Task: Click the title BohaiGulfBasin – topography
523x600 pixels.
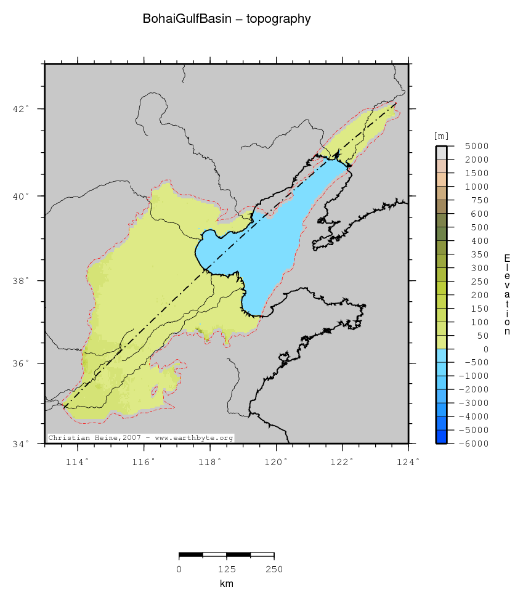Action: [x=227, y=19]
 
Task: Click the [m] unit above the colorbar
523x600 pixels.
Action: [x=441, y=136]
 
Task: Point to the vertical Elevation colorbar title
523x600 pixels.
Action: [x=507, y=294]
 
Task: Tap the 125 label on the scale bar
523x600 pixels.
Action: [x=227, y=569]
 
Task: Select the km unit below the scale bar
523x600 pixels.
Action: [x=227, y=583]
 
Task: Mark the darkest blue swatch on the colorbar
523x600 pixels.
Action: [x=442, y=437]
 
